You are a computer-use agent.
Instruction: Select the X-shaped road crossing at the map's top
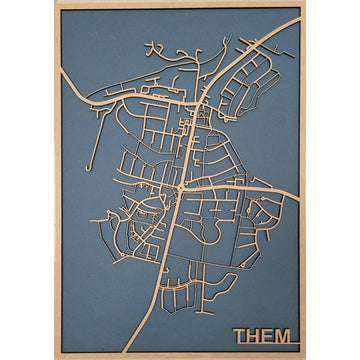click(153, 47)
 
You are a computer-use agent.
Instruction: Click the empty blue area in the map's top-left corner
click(90, 35)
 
